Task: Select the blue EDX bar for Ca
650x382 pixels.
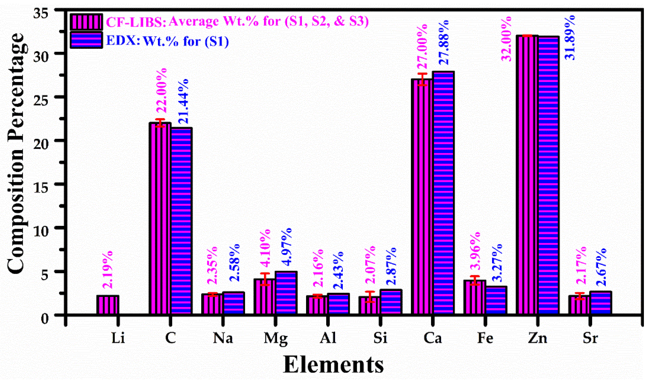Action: [x=443, y=193]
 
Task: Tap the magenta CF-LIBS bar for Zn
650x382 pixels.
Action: [x=527, y=175]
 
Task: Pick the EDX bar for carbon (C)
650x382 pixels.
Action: [x=182, y=222]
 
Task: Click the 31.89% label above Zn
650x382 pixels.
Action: [x=570, y=38]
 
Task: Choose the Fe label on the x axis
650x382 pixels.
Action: [x=485, y=338]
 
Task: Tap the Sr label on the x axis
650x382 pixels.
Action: [x=590, y=338]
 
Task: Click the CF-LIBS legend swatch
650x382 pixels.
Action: [x=86, y=22]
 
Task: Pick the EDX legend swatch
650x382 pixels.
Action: [x=86, y=40]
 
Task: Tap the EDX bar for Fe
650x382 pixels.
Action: [x=496, y=300]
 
